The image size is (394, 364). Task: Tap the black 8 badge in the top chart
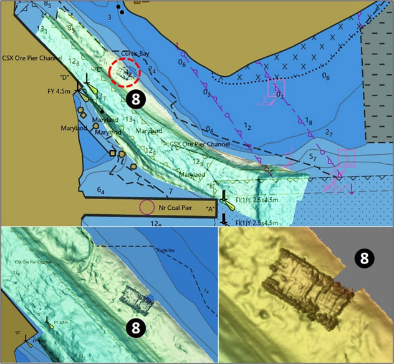tap(136, 99)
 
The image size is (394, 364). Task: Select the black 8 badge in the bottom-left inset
tap(136, 326)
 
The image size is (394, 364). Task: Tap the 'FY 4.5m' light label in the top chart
tap(59, 91)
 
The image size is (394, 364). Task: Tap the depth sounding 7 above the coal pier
tap(169, 190)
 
